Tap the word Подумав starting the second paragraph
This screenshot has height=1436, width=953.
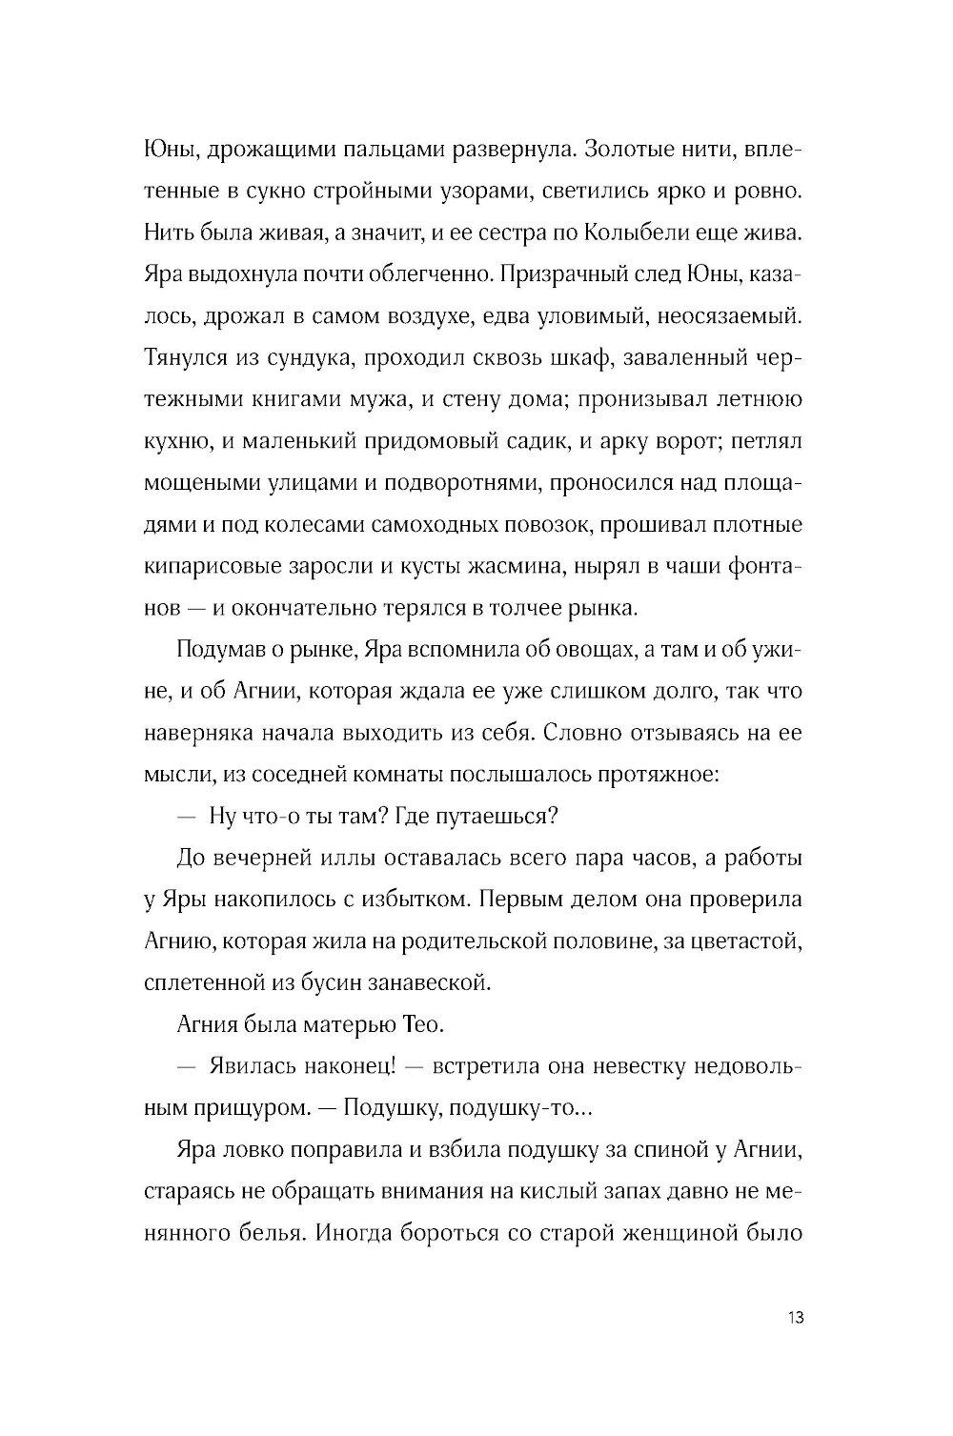point(222,651)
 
